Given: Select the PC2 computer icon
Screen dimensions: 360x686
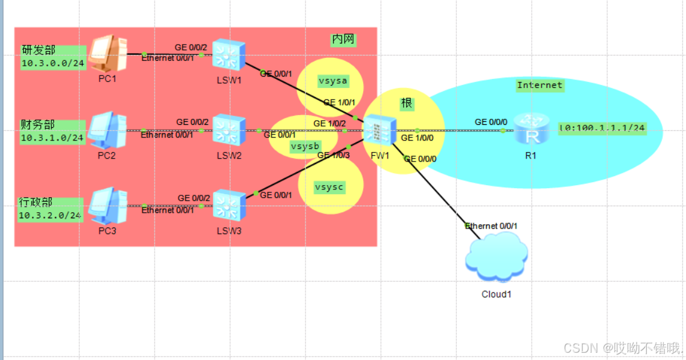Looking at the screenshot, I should [107, 130].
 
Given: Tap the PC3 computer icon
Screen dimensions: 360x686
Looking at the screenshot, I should [107, 206].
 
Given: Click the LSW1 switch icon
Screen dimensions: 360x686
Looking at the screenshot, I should [229, 54].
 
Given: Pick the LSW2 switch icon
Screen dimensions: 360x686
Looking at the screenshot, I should [229, 130].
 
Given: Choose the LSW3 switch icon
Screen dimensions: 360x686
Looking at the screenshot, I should [229, 206].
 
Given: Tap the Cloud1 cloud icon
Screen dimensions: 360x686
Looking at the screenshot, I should [496, 260].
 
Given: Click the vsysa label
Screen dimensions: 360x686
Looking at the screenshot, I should [332, 81].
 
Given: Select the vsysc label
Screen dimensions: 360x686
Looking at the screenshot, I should [329, 187].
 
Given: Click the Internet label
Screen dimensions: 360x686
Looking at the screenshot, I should [539, 85].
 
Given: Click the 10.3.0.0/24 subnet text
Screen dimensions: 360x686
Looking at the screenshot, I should [52, 63].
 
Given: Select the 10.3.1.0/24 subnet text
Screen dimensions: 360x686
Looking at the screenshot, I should [52, 138].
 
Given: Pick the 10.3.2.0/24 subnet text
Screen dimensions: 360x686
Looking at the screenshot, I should [50, 215].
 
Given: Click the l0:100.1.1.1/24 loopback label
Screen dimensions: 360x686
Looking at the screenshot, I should [602, 128].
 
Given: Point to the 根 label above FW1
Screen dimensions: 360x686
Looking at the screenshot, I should [407, 104].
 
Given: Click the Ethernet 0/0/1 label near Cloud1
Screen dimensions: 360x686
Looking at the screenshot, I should [491, 226].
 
